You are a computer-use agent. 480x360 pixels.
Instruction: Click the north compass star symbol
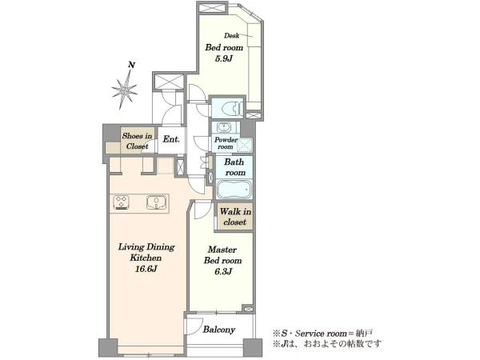coord(124,90)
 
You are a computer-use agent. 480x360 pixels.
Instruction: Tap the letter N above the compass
coord(132,65)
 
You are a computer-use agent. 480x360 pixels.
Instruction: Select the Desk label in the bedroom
coord(232,35)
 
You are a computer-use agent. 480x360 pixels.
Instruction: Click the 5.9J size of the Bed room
coord(224,58)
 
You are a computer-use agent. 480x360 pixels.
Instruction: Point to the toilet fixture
coord(232,108)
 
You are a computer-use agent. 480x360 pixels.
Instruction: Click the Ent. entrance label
coord(171,139)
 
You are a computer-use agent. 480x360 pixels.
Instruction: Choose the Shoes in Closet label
coord(137,141)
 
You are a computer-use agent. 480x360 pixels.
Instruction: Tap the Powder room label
coord(226,143)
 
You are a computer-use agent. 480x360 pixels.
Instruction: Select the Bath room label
coord(234,167)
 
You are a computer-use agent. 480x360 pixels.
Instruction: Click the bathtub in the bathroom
coord(234,190)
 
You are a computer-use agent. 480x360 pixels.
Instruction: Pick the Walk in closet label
coord(235,217)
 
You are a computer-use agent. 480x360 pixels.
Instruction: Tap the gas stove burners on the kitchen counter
coord(122,202)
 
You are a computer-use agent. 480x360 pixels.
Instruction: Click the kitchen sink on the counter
coord(157,202)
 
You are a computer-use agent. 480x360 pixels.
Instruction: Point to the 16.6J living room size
coord(146,269)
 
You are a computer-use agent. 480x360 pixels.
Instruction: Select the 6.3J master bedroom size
coord(222,271)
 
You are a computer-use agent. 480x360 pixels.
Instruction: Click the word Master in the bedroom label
coord(222,250)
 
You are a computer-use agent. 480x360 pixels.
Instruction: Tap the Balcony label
coord(219,330)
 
